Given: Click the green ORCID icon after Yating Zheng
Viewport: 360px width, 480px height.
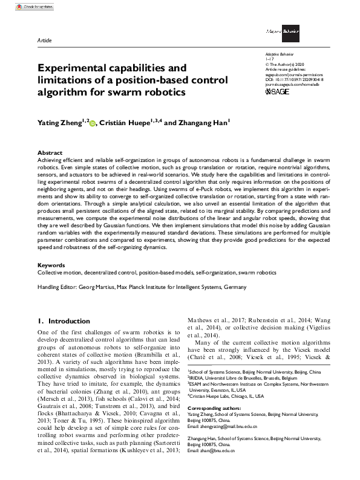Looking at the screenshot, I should (93, 122).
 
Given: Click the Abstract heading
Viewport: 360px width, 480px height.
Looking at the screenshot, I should (50, 153).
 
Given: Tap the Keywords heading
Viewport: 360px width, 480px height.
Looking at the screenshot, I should (51, 265).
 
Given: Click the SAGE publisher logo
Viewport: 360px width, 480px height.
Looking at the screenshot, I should (278, 92).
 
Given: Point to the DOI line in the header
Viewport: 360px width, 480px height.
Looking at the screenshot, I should (290, 78).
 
